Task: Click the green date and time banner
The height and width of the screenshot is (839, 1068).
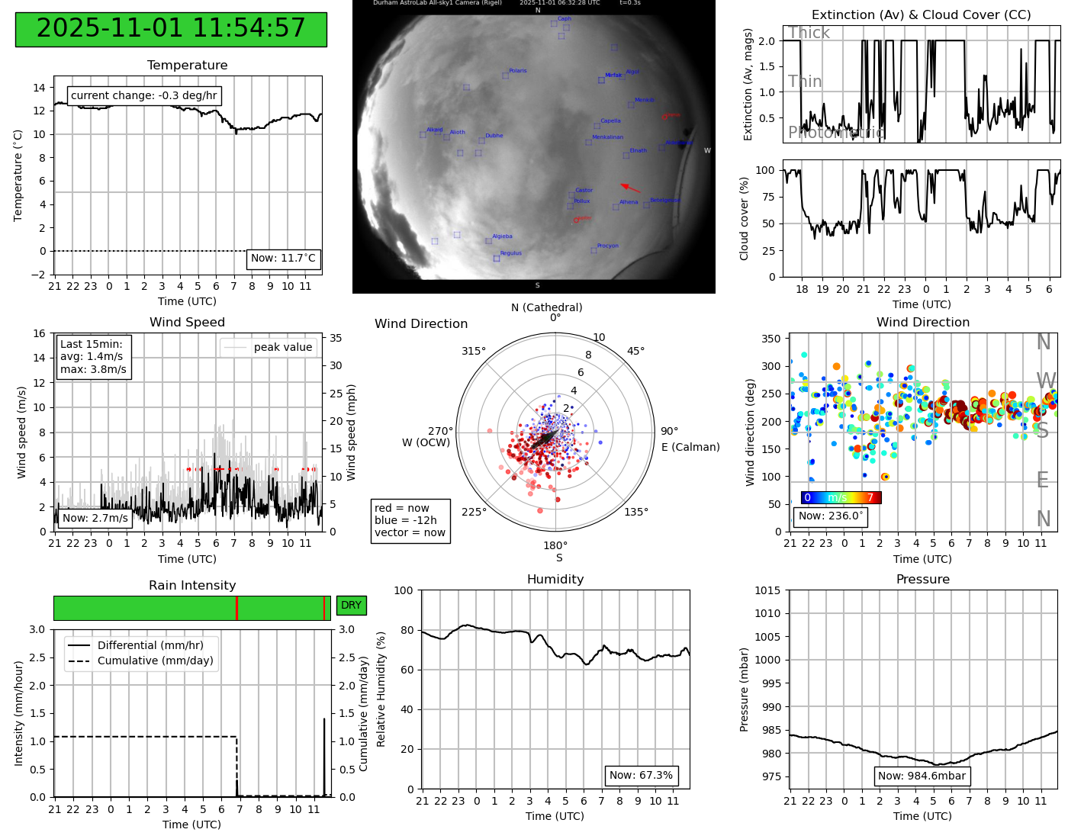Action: coord(171,29)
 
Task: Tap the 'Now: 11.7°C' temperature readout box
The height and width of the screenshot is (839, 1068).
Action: coord(283,259)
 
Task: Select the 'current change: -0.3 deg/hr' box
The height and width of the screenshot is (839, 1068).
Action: coord(144,95)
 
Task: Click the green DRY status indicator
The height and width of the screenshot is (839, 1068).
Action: coord(351,606)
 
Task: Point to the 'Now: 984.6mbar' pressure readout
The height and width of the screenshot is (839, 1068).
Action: coord(922,776)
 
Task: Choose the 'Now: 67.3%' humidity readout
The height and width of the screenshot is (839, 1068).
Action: coord(641,775)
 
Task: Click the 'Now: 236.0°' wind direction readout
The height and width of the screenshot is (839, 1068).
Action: coord(830,516)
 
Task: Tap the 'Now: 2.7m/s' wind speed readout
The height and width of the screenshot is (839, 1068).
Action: coord(95,518)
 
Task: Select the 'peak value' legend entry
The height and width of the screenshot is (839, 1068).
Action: coord(269,347)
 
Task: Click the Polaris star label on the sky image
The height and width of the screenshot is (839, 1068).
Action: coord(517,71)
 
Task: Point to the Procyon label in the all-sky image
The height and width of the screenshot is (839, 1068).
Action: coord(607,246)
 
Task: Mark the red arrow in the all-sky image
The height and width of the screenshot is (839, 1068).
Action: coord(630,188)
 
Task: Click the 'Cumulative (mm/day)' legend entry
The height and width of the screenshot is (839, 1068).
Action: coord(155,661)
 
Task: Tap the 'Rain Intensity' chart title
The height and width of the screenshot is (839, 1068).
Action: coord(192,585)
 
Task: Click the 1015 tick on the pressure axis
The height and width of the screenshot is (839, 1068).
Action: coord(767,590)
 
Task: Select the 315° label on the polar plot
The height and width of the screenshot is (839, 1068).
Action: coord(473,351)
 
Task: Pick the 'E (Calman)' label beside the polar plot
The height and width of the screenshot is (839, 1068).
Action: coord(690,447)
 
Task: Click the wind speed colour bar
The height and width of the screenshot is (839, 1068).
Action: coord(841,497)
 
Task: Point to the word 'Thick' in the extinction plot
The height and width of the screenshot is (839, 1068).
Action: coord(809,33)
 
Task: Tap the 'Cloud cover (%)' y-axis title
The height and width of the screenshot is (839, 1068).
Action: coord(745,218)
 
